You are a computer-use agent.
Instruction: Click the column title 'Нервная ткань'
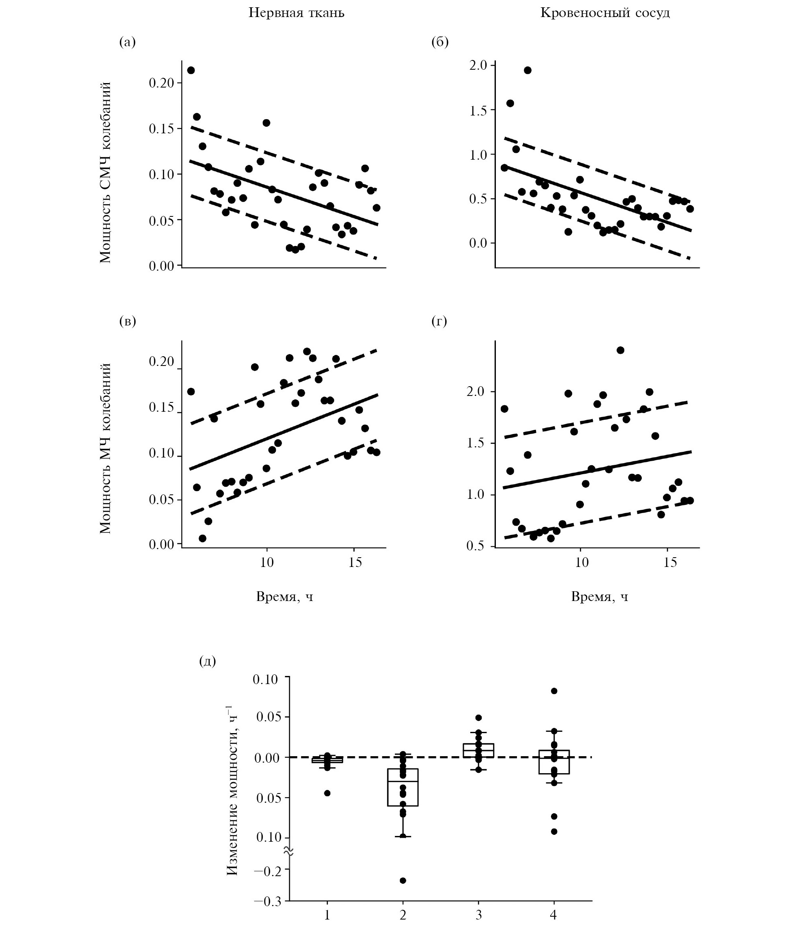pos(296,13)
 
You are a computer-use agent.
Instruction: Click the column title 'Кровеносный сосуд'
pos(605,13)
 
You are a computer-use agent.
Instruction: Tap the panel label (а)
pos(127,42)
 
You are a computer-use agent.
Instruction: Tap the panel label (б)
pos(440,42)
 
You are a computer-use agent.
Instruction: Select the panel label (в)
pos(127,321)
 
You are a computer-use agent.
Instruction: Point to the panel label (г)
pos(439,321)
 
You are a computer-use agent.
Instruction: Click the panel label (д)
pos(207,661)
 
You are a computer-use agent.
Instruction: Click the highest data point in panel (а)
pos(191,71)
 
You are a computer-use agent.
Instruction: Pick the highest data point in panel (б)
pos(527,71)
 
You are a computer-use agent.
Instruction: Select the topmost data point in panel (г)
pos(620,350)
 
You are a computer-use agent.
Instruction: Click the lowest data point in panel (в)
pos(202,539)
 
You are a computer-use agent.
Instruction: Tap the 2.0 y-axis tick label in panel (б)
pos(478,66)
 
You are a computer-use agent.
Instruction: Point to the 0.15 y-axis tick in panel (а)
pos(161,129)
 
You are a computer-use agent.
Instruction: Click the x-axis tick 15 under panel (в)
pos(355,562)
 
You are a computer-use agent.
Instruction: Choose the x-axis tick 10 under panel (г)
pos(582,562)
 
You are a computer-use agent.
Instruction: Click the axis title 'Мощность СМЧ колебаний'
pos(105,173)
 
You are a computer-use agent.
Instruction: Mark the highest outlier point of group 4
pos(554,691)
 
